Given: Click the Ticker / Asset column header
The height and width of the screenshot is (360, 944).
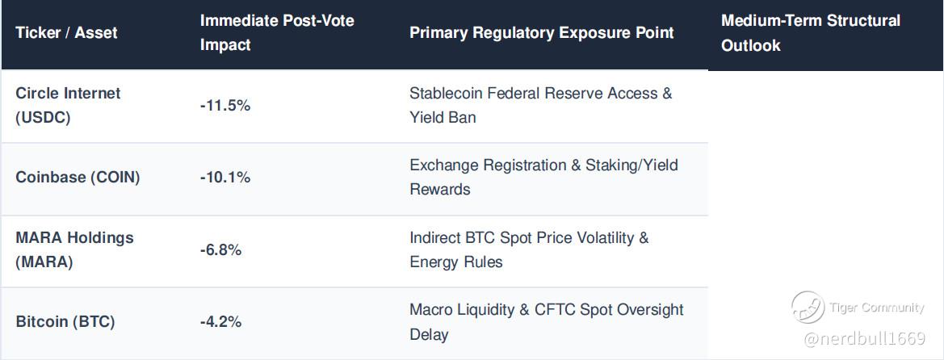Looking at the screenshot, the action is (x=66, y=32).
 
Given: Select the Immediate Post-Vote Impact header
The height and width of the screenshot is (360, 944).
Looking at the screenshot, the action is (x=277, y=32).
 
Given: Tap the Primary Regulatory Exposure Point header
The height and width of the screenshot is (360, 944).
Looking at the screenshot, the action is (x=542, y=32).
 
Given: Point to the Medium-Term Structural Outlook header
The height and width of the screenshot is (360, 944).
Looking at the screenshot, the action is (x=810, y=32).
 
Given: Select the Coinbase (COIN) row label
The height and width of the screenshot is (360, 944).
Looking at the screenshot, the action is (x=78, y=178).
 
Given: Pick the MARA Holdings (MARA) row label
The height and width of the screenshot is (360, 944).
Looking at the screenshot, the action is (x=74, y=250).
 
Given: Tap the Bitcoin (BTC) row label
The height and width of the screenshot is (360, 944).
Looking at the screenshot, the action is (x=65, y=322).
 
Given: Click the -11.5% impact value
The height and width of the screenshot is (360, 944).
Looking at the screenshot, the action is (x=224, y=106).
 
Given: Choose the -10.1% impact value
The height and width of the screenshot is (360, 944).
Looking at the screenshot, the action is (x=224, y=178).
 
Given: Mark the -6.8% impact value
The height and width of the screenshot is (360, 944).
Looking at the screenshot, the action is (x=220, y=250).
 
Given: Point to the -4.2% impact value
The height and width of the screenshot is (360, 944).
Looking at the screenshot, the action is (x=220, y=322).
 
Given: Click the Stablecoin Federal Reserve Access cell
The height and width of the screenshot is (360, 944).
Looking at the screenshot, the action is (x=540, y=106).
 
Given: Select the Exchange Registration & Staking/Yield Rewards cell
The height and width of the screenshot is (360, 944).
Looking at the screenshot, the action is (x=543, y=178).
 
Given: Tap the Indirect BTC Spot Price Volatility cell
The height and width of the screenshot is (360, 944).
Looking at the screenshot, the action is (x=529, y=250).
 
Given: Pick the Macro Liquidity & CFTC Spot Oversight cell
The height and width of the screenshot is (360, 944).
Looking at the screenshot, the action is (x=547, y=322).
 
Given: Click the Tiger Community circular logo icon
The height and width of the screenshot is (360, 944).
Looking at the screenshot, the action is (x=808, y=307).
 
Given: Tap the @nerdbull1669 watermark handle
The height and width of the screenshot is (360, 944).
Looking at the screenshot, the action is (x=865, y=339).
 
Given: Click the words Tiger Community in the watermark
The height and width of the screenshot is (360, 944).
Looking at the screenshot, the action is (x=877, y=308).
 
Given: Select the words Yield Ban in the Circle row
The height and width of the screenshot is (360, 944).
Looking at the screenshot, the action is (x=443, y=117).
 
